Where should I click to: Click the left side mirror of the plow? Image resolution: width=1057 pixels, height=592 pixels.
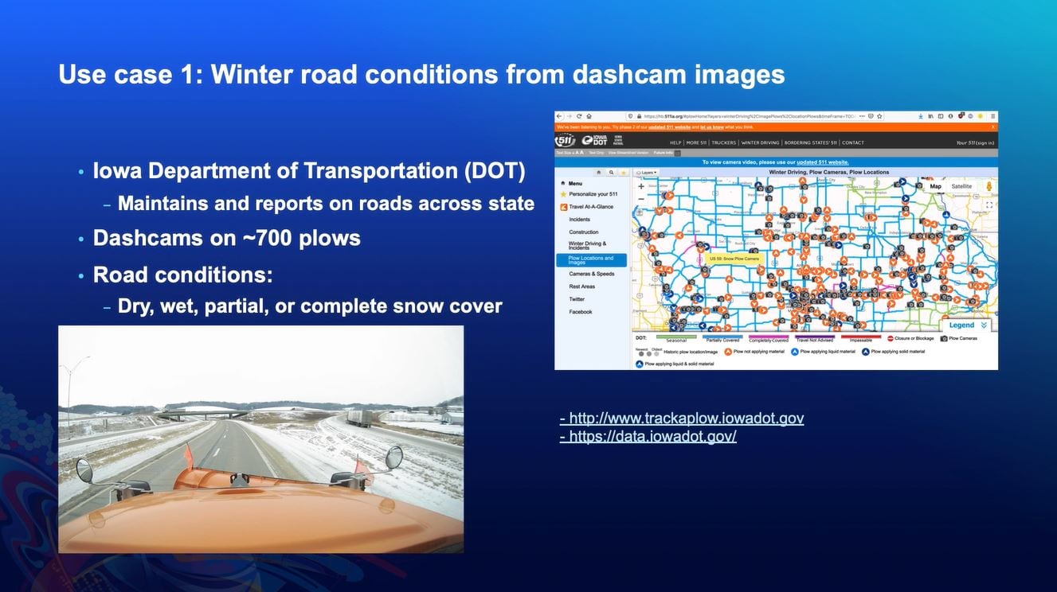click(84, 469)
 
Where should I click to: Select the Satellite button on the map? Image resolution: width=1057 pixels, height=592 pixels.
click(961, 186)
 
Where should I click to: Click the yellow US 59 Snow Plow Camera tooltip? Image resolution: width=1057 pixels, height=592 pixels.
click(733, 259)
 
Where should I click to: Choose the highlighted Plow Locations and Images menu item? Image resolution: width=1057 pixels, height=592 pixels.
click(591, 260)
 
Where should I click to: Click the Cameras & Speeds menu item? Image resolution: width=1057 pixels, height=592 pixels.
click(591, 274)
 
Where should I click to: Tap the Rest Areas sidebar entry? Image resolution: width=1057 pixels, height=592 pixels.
click(581, 286)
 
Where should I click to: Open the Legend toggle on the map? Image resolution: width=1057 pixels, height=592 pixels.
click(966, 325)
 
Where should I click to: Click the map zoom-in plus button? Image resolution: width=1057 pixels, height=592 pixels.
click(641, 186)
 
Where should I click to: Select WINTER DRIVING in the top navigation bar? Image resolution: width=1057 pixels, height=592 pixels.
click(760, 143)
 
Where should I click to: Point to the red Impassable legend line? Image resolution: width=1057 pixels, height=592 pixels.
click(860, 337)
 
